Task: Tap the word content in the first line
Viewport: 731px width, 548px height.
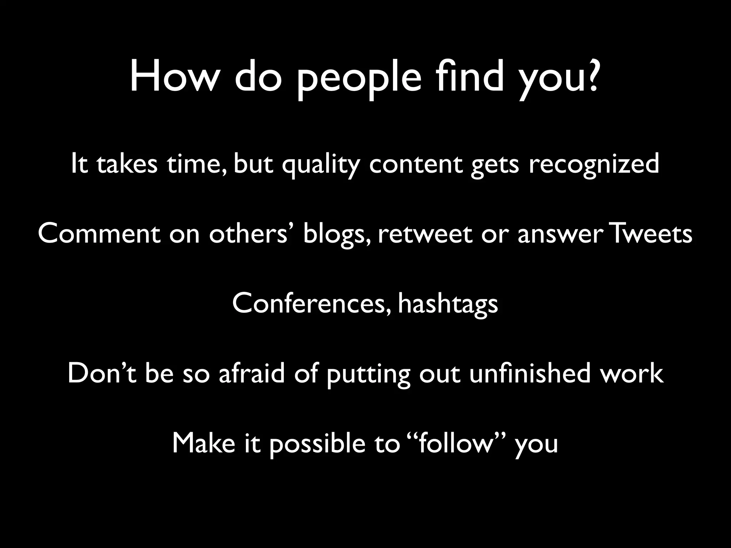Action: (415, 163)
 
